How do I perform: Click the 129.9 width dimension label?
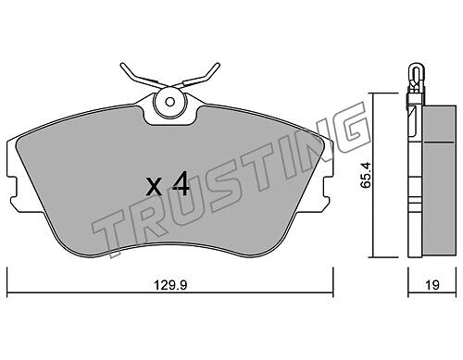tap(170, 285)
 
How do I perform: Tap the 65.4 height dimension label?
tap(367, 175)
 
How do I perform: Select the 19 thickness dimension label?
tap(432, 285)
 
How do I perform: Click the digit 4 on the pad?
tap(181, 184)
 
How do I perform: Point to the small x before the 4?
tap(154, 188)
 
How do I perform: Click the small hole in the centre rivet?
tap(169, 102)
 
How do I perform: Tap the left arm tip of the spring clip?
tap(122, 65)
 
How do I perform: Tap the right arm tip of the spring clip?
tap(218, 65)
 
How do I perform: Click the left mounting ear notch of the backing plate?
tap(13, 188)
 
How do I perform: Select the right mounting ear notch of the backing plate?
tap(328, 188)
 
